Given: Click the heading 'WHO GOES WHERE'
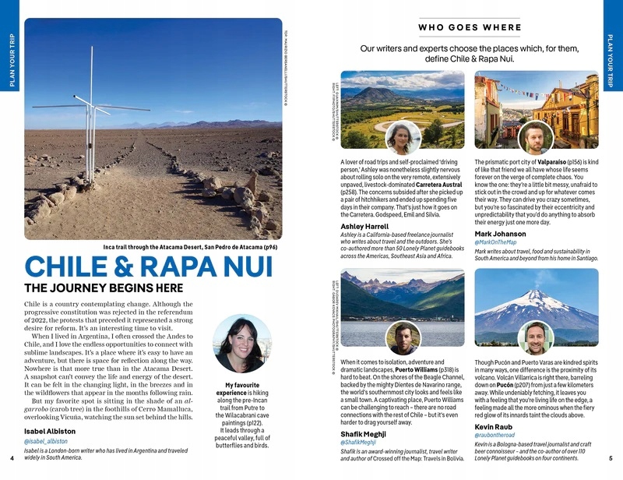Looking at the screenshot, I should tap(470, 28).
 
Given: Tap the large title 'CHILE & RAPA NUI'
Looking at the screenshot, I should tap(149, 266).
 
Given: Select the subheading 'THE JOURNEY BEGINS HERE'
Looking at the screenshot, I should tap(104, 288).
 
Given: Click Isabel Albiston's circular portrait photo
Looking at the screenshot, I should tap(241, 344).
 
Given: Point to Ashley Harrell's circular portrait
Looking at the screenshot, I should tap(403, 138).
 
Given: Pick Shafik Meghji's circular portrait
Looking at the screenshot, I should tap(403, 337).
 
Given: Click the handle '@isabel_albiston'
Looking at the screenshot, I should tap(51, 442).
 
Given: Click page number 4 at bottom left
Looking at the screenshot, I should tap(12, 458).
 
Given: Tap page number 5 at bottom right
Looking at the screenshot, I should tap(611, 458).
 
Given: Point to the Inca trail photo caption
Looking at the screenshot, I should tap(190, 247).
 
